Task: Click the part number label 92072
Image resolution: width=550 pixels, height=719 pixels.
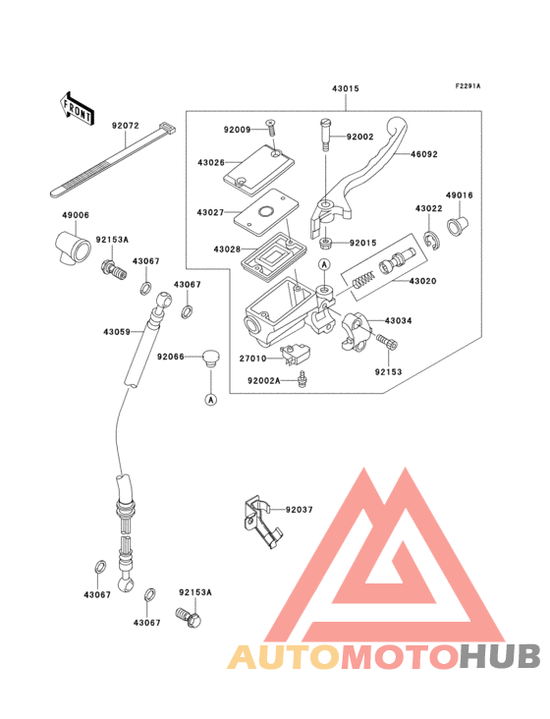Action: (x=125, y=126)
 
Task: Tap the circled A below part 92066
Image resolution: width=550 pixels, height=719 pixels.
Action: (x=209, y=399)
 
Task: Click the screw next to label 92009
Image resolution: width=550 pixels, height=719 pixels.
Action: (x=269, y=130)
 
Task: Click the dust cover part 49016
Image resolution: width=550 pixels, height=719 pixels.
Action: (x=459, y=228)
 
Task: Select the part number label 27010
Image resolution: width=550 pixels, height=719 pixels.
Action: (x=253, y=359)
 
